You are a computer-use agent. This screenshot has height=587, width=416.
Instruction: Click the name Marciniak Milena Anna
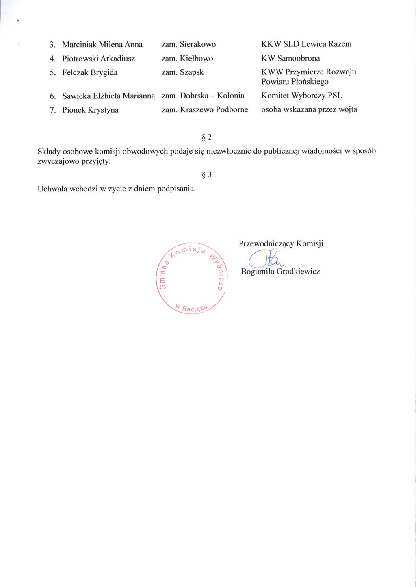point(102,44)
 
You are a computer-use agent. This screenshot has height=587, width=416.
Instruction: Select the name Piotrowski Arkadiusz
point(98,59)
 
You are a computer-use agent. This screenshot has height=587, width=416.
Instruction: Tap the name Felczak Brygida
point(90,72)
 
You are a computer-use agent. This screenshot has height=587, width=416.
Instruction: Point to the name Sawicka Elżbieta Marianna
point(108,96)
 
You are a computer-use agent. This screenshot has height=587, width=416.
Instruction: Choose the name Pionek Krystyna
point(90,110)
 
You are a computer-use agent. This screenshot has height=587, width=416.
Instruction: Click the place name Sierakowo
point(198,44)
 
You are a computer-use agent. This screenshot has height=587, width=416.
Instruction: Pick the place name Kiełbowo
point(196,58)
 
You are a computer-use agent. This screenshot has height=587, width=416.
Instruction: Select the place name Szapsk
point(192,72)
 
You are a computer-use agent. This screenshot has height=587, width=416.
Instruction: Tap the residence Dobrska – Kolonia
point(212,96)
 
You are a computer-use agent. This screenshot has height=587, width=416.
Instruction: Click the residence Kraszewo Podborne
point(214,109)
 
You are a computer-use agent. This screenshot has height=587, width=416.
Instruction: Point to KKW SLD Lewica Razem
point(306,44)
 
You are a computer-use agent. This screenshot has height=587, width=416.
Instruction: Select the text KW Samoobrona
point(290,58)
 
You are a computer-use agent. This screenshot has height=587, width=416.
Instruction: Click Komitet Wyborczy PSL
point(301,96)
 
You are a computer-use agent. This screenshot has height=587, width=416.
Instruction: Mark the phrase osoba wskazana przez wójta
point(309,109)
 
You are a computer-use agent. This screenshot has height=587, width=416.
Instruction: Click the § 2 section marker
point(207,137)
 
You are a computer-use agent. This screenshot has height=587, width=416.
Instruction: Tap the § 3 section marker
point(207,175)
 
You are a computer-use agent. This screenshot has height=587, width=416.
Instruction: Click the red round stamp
point(191,279)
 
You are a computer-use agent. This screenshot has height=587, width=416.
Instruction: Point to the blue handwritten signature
point(264,259)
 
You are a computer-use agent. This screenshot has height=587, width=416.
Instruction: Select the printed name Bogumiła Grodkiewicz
point(280,271)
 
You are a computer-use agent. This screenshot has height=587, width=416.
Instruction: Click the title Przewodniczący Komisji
point(281,243)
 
